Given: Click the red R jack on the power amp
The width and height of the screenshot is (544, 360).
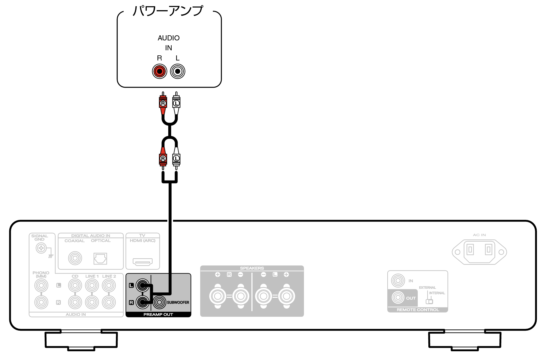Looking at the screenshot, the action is pos(159,71).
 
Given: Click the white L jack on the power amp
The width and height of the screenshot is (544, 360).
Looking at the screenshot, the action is pos(178,71).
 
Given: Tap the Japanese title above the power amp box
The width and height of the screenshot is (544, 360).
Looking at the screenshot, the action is pos(168,11).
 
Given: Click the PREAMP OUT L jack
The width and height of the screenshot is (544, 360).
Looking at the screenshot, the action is pos(143,285).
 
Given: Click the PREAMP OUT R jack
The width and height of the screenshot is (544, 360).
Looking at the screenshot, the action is pos(143,302).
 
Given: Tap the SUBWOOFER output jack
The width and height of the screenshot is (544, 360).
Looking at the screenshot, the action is pos(159,302).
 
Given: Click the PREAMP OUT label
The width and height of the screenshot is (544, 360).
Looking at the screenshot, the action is pos(158,315).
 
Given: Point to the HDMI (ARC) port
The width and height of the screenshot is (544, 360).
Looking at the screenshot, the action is pos(143,262).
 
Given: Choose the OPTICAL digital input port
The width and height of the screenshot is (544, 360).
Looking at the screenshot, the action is pos(100,258).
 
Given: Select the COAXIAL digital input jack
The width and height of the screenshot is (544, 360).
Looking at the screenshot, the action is pos(75,258).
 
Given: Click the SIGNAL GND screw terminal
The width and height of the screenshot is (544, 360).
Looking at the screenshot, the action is pos(41,248).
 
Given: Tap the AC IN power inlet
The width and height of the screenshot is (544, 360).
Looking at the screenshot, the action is pos(479,252).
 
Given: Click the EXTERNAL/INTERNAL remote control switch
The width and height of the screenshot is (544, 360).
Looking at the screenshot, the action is pos(429,302).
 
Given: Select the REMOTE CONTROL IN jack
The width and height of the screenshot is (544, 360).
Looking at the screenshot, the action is pos(398,281).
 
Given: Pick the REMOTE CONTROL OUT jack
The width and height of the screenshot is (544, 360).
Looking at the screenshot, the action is pos(398,298).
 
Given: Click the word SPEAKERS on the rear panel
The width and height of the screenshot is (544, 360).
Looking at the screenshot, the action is pos(252,268).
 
